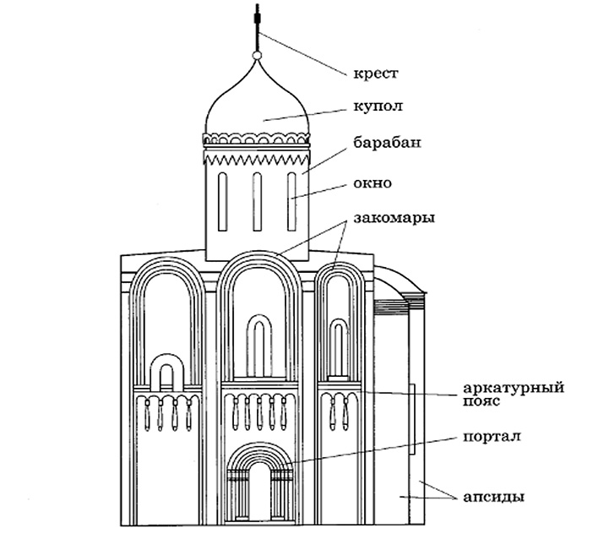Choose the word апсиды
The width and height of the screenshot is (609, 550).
pyautogui.click(x=494, y=496)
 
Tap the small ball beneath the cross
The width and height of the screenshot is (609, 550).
pyautogui.click(x=257, y=56)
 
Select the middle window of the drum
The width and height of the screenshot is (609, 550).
pyautogui.click(x=257, y=201)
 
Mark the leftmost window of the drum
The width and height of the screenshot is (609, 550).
pyautogui.click(x=222, y=201)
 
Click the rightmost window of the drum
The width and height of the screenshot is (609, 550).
pyautogui.click(x=291, y=201)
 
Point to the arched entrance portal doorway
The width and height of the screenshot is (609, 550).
pyautogui.click(x=258, y=493)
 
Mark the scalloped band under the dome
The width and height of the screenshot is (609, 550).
pyautogui.click(x=256, y=139)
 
